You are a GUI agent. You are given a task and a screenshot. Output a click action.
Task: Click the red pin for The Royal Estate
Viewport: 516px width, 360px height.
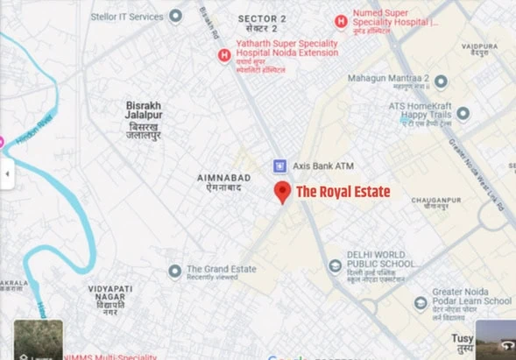(x=282, y=192)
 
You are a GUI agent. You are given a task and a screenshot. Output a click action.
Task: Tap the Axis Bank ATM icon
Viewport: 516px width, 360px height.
(x=280, y=165)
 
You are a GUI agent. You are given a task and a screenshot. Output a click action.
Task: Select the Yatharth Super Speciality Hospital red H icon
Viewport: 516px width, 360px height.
(x=224, y=55)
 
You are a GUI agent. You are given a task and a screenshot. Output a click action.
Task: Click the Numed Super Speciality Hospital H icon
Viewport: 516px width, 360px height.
(x=341, y=21)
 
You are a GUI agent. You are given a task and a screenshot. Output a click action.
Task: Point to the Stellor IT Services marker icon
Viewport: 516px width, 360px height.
(x=175, y=15)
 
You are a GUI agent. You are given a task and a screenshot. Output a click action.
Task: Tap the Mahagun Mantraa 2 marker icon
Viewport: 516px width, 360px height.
(x=442, y=81)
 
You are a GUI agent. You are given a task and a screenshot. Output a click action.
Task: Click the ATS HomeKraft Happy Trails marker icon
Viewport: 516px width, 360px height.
(x=463, y=113)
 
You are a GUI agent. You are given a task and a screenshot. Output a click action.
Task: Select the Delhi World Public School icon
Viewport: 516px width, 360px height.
(x=334, y=265)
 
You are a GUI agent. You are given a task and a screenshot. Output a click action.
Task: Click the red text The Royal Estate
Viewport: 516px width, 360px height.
(x=343, y=191)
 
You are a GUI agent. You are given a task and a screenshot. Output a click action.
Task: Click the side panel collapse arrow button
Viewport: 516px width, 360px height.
(x=7, y=173)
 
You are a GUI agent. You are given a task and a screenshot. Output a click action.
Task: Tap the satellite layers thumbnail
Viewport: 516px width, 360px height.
(x=38, y=340)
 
